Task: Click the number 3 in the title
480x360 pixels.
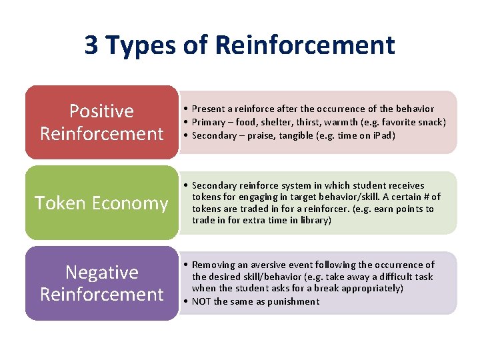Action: point(92,45)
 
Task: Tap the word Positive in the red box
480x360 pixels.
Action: point(101,111)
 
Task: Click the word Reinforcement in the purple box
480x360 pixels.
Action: point(101,294)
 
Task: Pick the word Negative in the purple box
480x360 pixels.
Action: point(101,272)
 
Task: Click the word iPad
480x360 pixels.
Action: point(385,135)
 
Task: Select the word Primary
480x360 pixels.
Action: point(210,122)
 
